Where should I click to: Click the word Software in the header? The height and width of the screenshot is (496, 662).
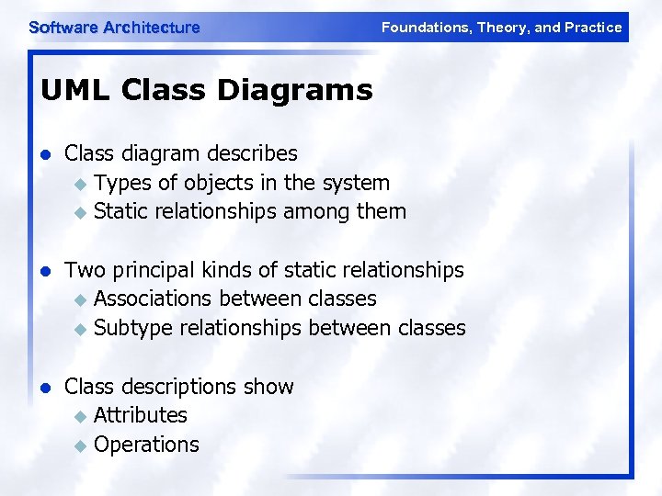(63, 28)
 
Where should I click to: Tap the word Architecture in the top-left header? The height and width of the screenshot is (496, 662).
(151, 28)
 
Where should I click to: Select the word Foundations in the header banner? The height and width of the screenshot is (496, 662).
(424, 28)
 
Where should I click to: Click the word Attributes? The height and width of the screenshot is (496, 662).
(140, 415)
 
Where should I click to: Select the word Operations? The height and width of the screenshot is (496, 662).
(146, 445)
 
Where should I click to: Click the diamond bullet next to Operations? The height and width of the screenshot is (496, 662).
(80, 445)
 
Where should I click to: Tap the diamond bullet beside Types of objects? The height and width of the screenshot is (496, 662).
(80, 184)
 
